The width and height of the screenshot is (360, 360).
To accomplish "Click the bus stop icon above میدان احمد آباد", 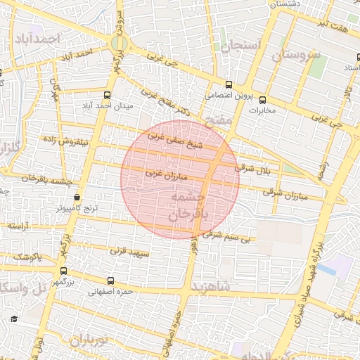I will (107, 95).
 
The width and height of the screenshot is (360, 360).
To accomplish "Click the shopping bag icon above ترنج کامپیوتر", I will (76, 198).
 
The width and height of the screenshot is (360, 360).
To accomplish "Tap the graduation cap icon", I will (13, 320).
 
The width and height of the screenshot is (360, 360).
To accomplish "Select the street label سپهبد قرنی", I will (127, 250).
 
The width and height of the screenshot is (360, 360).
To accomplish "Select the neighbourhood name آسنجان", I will (240, 46).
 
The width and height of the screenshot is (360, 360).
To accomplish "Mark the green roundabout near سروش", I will (119, 44).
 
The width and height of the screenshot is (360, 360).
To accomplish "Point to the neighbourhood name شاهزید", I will (219, 289).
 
